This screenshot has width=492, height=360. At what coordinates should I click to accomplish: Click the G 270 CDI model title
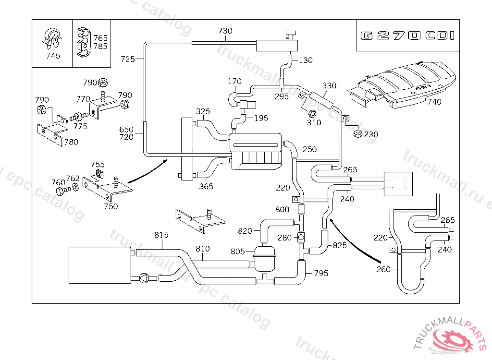click(407, 36)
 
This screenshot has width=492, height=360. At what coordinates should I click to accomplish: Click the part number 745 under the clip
click(53, 56)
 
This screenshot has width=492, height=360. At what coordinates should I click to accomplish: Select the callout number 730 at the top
click(225, 31)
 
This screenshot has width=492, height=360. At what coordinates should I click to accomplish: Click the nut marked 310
click(311, 114)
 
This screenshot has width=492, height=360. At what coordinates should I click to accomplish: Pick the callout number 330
click(329, 86)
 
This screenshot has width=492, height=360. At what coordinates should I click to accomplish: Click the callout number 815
click(161, 235)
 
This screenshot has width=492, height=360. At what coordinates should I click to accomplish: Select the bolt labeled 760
click(61, 191)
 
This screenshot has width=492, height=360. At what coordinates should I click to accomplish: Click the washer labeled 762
click(76, 187)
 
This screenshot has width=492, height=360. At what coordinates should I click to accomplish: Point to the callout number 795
click(321, 273)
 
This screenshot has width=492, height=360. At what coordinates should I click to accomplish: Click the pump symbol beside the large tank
click(144, 278)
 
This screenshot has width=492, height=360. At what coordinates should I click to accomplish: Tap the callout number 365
click(206, 186)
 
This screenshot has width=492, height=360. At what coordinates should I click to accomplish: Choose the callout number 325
click(203, 112)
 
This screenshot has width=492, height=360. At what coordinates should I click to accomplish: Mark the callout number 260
click(383, 269)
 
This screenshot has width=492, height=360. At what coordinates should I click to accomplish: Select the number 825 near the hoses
click(340, 246)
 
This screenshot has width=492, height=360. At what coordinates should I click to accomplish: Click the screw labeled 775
click(77, 117)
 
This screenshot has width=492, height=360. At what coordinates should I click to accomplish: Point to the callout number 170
click(234, 81)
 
